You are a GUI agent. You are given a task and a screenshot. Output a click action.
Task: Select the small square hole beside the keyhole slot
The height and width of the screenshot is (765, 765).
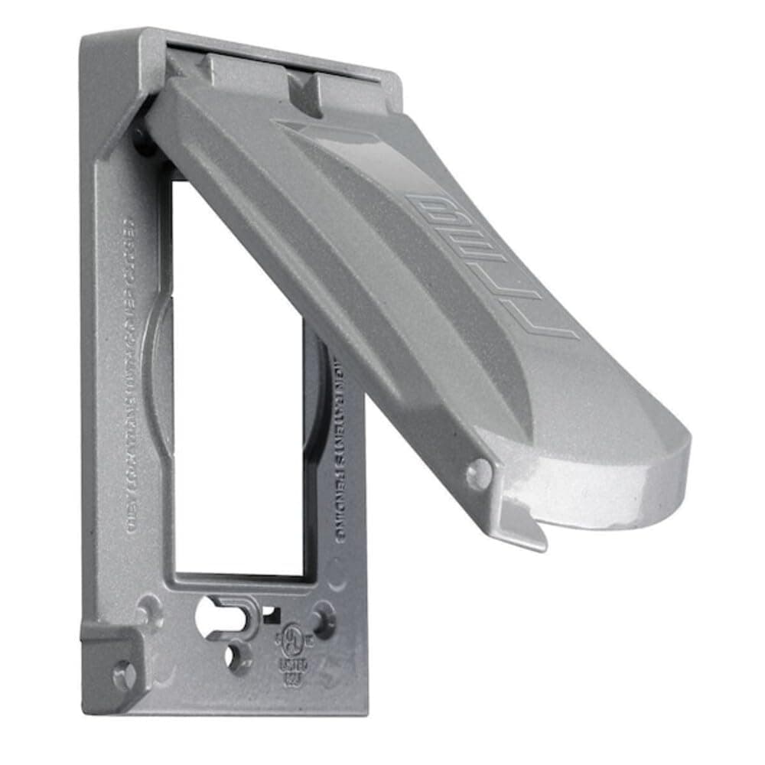click(269, 612)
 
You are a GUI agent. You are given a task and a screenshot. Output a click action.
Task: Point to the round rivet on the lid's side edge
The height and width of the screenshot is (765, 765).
click(479, 474)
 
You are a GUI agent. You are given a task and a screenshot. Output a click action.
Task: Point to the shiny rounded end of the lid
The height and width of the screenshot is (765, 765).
click(604, 474)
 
